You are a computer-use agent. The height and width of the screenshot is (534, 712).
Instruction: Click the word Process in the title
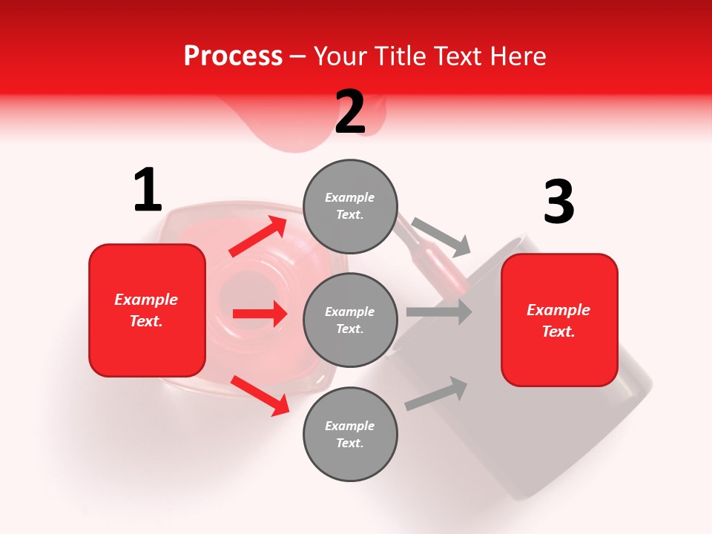233,56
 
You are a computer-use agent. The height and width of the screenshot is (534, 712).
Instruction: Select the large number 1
147,191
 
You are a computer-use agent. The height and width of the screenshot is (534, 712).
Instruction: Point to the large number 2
350,112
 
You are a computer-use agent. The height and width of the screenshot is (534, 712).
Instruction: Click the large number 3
558,202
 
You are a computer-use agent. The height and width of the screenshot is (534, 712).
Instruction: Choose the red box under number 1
147,310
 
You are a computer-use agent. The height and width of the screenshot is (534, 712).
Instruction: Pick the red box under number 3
559,320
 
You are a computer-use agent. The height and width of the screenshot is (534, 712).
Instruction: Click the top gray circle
350,206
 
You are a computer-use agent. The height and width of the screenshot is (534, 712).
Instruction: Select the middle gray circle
350,320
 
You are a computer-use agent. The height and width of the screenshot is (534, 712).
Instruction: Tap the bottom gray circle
350,435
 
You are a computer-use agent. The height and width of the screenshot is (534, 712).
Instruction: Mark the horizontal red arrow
260,314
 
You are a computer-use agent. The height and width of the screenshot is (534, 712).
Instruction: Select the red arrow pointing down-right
260,395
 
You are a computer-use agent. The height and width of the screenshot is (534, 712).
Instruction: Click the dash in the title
297,56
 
